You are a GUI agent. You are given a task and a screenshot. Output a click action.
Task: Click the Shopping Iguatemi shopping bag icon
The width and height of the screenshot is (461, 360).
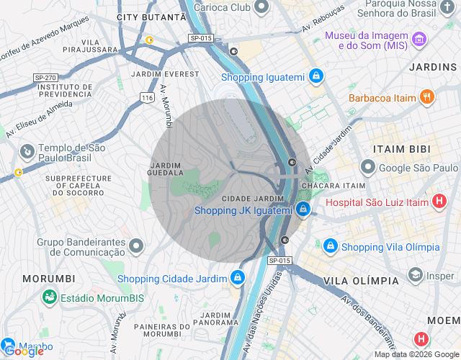tap(315, 76)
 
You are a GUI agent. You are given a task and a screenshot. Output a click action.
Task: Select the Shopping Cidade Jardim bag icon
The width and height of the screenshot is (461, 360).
tap(237, 278)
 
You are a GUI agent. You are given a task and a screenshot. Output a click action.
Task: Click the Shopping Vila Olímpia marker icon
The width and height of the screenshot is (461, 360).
tap(330, 246)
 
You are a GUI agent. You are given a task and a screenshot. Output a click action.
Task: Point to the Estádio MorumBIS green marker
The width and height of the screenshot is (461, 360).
tap(49, 296)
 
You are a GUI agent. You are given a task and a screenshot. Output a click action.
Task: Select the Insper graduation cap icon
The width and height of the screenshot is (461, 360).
tap(415, 275)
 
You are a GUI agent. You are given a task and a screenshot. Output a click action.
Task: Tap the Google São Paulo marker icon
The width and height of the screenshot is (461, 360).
tap(367, 168)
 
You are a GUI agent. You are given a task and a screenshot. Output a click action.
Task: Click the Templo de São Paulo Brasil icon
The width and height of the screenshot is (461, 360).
tap(27, 152)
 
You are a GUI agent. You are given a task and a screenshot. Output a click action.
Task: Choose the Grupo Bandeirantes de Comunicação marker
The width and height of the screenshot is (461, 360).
tap(137, 247)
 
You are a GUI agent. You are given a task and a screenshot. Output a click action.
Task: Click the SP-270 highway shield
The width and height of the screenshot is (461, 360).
tap(45, 77)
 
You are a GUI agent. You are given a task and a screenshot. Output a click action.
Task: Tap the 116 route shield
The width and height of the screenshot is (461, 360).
tap(148, 96)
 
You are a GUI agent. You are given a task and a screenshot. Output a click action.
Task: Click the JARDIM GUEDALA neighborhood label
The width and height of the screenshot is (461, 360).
tap(166, 168)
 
